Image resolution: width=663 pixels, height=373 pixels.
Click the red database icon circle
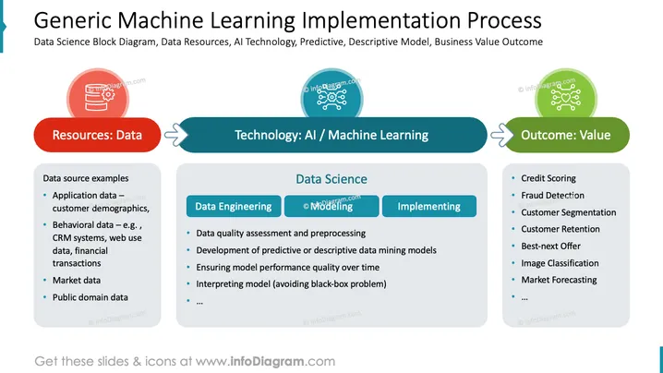pyautogui.click(x=98, y=96)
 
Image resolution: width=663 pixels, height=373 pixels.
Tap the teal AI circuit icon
pyautogui.click(x=331, y=96)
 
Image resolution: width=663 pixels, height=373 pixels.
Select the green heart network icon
pyautogui.click(x=566, y=96)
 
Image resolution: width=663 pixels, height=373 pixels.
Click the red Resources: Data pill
pyautogui.click(x=97, y=135)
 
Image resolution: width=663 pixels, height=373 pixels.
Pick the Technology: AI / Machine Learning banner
pyautogui.click(x=331, y=135)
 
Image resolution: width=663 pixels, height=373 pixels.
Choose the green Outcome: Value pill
pyautogui.click(x=566, y=135)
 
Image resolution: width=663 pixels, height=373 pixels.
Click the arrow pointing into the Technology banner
pyautogui.click(x=175, y=135)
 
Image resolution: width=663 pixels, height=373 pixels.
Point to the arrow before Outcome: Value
pyautogui.click(x=502, y=135)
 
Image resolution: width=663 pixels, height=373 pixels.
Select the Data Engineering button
pyautogui.click(x=234, y=207)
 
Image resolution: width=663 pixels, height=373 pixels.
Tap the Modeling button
pyautogui.click(x=331, y=207)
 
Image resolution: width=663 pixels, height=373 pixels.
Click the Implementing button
pyautogui.click(x=429, y=207)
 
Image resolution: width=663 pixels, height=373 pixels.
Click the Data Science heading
pyautogui.click(x=331, y=179)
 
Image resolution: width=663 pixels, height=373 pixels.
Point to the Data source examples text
pyautogui.click(x=86, y=178)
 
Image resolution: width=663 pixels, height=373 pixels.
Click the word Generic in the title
pyautogui.click(x=72, y=20)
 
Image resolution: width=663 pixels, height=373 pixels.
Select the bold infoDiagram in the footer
pyautogui.click(x=267, y=362)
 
